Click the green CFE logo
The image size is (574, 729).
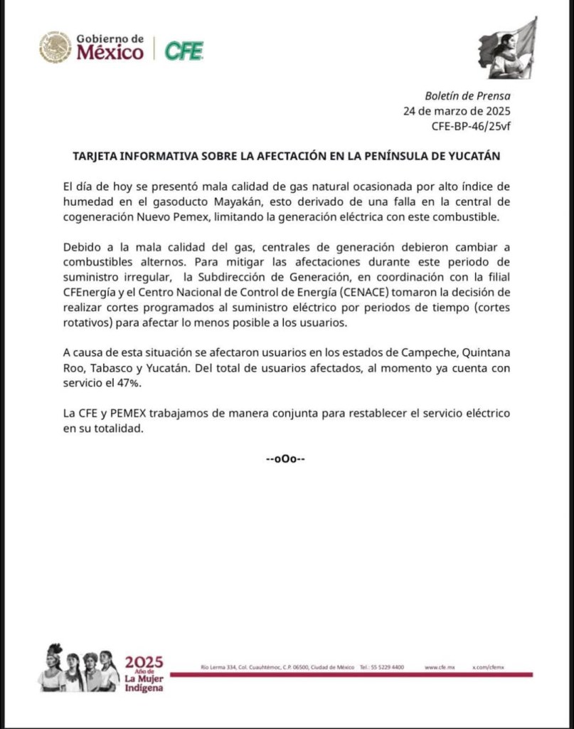(x=184, y=51)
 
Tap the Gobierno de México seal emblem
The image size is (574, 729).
(x=55, y=48)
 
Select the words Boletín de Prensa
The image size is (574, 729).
(x=467, y=96)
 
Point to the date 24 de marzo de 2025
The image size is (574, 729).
(x=457, y=111)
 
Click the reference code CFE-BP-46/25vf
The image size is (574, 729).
(x=471, y=126)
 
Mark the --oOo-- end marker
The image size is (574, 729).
(x=286, y=458)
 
